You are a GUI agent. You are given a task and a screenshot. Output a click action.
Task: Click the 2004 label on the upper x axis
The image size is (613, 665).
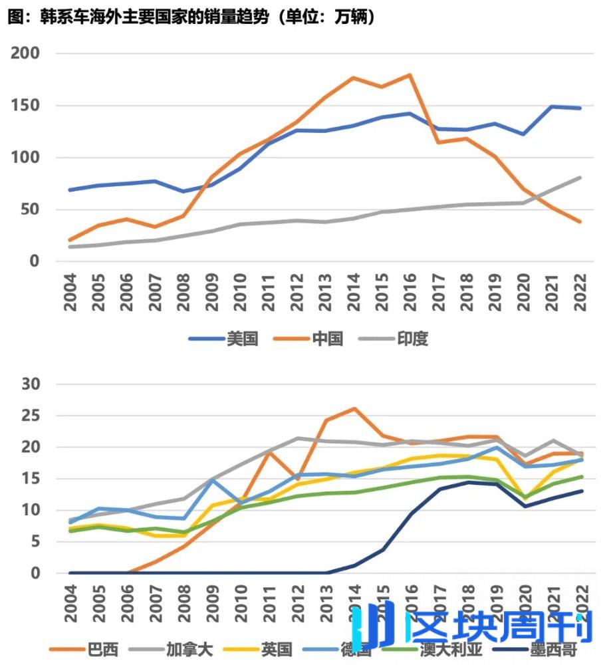click(70, 293)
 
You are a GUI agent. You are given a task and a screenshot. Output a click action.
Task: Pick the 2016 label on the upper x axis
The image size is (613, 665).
click(410, 293)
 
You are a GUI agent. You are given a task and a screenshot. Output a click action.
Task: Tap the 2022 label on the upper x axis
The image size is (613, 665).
click(580, 293)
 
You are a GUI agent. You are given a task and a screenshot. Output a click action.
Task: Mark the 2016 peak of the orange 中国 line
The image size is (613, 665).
click(410, 75)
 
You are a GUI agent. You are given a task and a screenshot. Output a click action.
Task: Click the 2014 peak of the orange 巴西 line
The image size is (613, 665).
click(354, 408)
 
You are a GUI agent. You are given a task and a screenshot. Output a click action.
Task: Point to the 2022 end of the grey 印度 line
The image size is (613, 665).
click(580, 178)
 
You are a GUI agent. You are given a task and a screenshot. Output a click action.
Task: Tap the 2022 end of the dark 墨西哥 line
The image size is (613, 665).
click(580, 491)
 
